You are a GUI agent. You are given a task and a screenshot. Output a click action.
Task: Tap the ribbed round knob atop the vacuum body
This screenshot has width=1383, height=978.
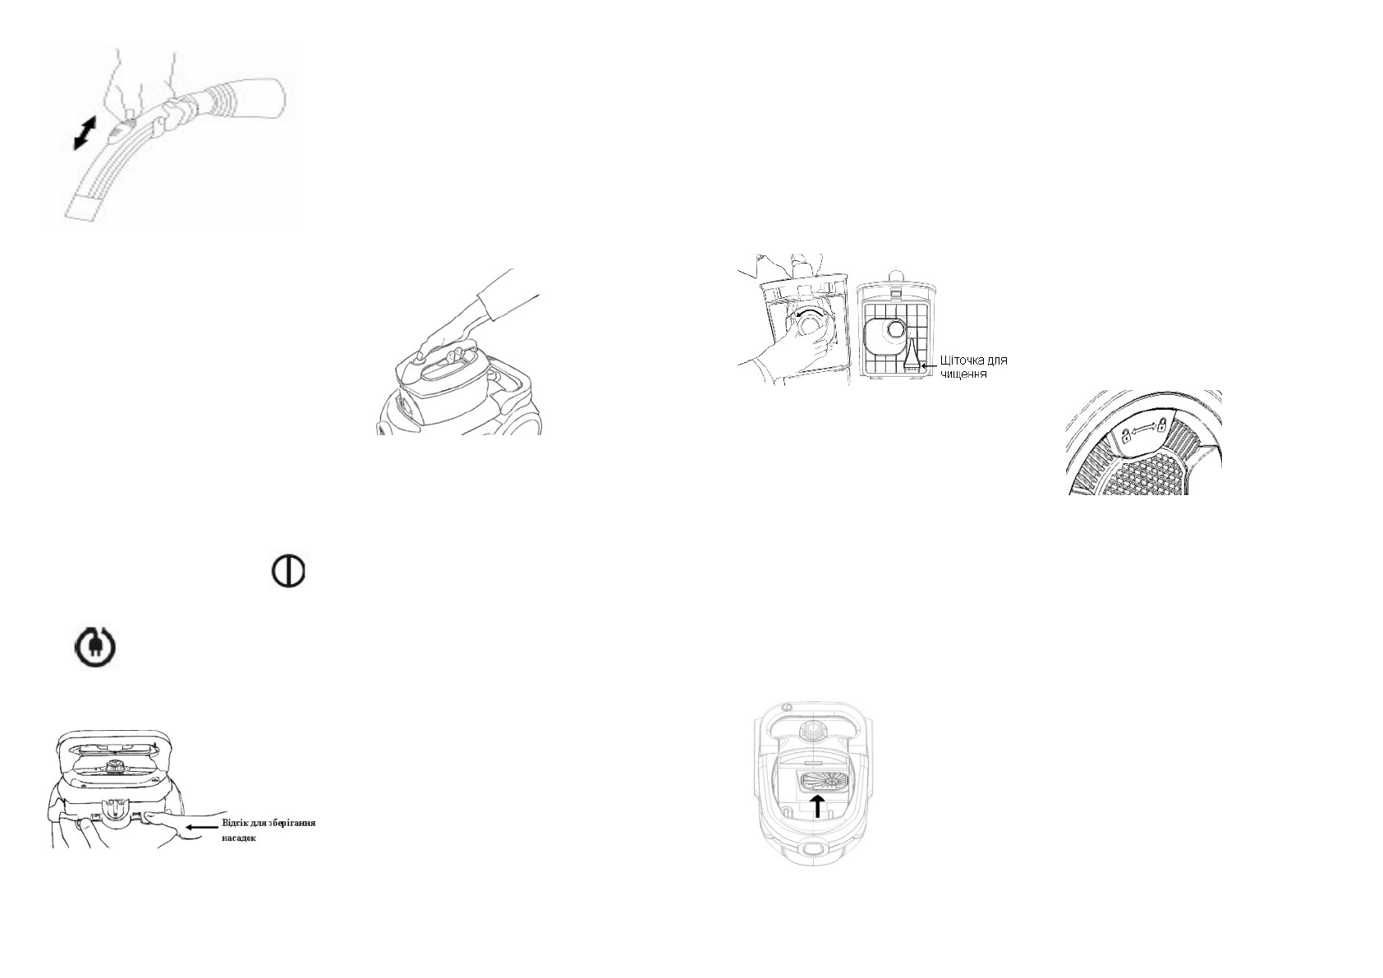click(x=812, y=730)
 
